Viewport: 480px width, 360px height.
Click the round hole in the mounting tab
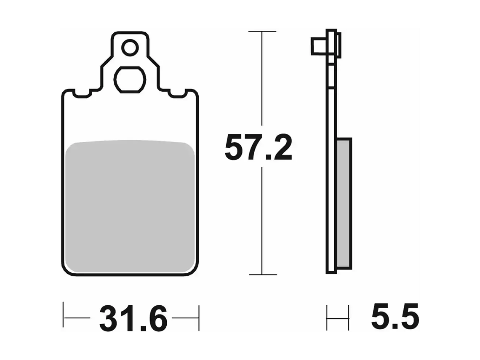pos(130,48)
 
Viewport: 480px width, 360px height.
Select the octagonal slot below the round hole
pos(130,79)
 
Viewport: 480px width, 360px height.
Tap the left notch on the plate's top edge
pos(82,93)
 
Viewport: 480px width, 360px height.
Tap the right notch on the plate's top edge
pos(177,93)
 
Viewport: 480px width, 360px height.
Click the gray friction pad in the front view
pos(131,206)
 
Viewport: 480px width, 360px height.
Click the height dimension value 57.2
pos(258,147)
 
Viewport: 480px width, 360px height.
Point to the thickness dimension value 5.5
pos(395,317)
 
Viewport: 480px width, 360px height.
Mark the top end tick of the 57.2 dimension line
pos(262,32)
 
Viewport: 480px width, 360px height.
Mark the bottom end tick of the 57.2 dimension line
pos(262,275)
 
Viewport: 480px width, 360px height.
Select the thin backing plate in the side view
pos(331,168)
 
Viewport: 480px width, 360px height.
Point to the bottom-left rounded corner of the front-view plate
pos(67,269)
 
